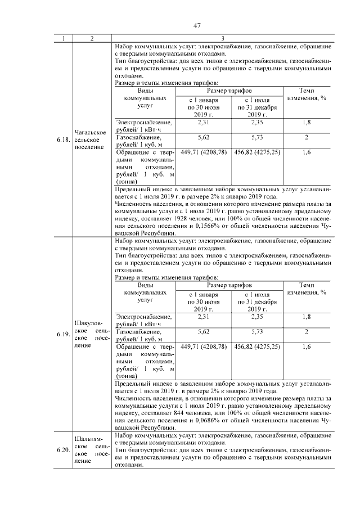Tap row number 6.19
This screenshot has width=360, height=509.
[63, 334]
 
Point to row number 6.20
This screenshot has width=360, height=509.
[63, 449]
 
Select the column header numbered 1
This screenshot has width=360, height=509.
[63, 38]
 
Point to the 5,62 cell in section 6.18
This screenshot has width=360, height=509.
[204, 137]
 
